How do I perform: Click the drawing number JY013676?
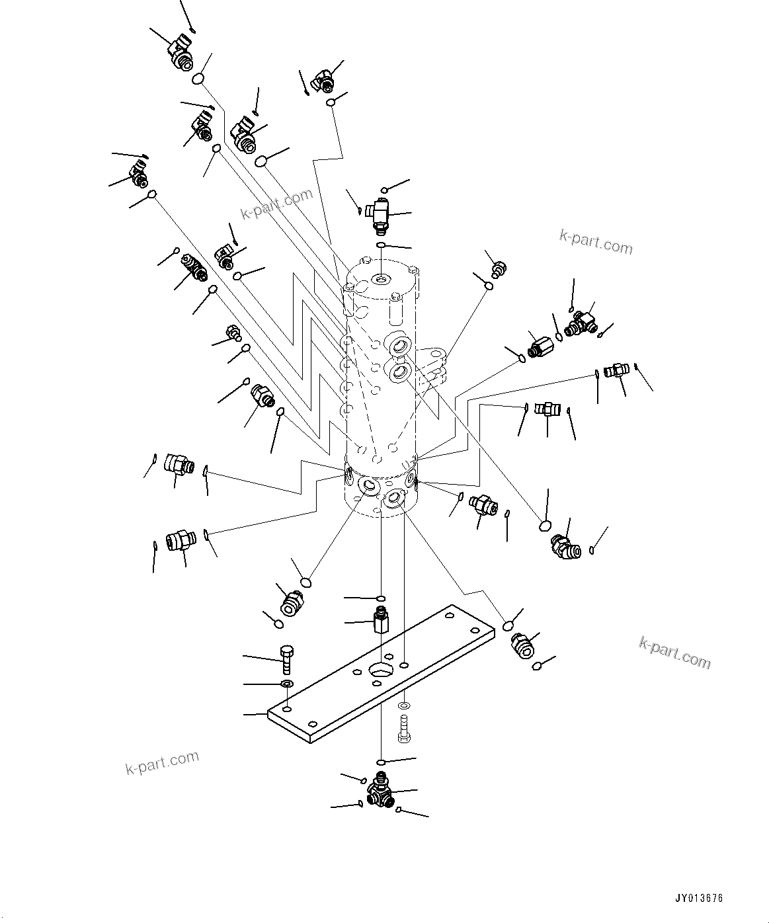click(x=700, y=899)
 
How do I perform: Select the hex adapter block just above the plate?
click(x=381, y=620)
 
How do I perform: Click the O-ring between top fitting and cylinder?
click(x=381, y=246)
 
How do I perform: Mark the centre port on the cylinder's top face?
click(x=382, y=280)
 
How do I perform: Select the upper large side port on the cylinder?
click(x=400, y=346)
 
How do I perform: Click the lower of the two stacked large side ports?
click(x=401, y=374)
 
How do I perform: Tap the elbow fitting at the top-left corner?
click(x=179, y=54)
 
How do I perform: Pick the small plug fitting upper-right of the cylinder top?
click(x=499, y=268)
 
